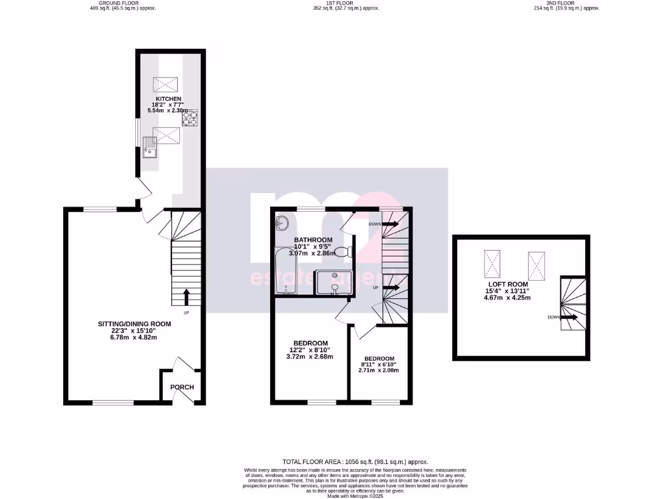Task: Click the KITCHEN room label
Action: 164,99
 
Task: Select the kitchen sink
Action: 151,151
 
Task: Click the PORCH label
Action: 182,387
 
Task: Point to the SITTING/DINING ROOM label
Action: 134,324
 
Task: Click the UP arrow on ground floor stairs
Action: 186,298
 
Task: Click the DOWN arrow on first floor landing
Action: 390,224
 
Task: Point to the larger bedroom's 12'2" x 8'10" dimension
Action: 310,350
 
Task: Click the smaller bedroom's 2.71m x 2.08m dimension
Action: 379,370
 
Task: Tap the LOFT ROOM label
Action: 508,284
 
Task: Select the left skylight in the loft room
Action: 492,263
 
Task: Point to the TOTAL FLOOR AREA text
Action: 355,461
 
